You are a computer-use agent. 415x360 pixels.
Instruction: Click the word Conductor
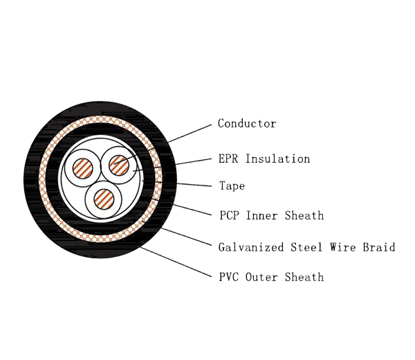click(247, 124)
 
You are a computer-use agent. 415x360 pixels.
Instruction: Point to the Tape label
click(232, 186)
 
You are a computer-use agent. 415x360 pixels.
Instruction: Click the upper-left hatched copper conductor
click(83, 169)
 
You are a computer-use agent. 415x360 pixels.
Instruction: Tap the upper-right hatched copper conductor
click(119, 165)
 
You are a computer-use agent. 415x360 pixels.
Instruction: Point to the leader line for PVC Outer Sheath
click(176, 263)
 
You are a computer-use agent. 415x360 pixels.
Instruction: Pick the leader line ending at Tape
click(194, 184)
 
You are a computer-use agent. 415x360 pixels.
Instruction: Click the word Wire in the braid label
click(342, 247)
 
